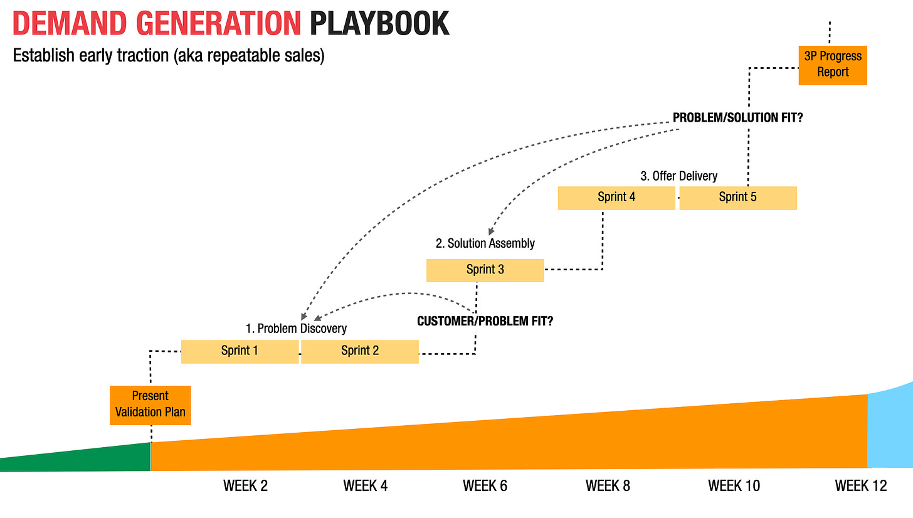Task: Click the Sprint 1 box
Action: (240, 351)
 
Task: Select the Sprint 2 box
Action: (360, 351)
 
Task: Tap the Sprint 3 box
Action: (485, 270)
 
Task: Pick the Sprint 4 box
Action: (616, 198)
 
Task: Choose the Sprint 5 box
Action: (737, 198)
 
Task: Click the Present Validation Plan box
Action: (150, 405)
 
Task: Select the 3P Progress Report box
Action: (833, 65)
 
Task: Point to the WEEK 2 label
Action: (245, 486)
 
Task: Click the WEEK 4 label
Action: (365, 486)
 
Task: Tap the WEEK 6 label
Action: (485, 486)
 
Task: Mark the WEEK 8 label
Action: (608, 486)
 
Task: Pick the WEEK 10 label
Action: (734, 486)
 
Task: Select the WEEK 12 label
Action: (861, 486)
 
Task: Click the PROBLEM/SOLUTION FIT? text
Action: (737, 118)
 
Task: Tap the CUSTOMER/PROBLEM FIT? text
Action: (485, 321)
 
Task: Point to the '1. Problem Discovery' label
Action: (296, 329)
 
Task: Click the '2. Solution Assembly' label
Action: (485, 243)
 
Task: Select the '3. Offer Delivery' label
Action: (678, 176)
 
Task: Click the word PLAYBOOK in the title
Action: (379, 24)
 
